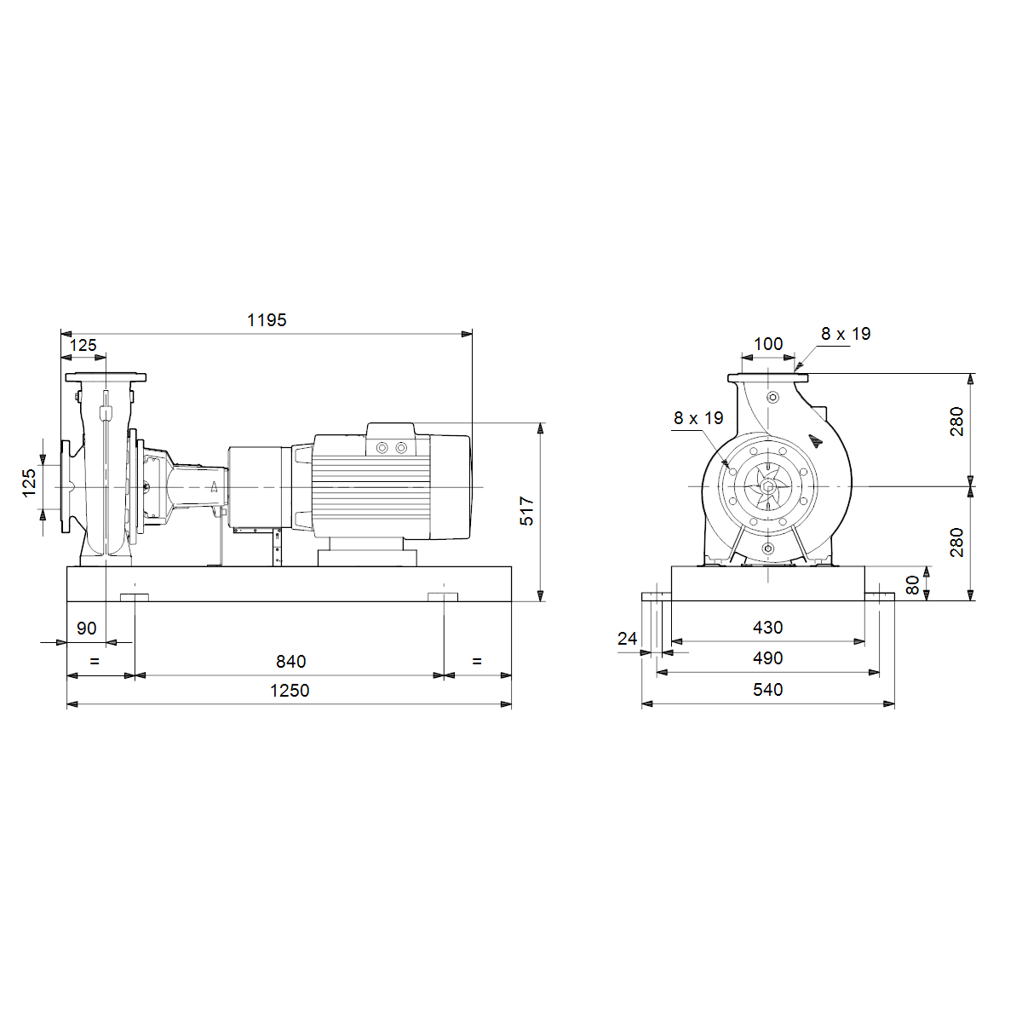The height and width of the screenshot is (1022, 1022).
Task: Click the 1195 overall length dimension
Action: pyautogui.click(x=267, y=320)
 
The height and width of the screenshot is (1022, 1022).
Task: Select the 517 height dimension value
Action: pyautogui.click(x=526, y=511)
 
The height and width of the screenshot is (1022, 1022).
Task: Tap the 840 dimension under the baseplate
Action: pyautogui.click(x=290, y=662)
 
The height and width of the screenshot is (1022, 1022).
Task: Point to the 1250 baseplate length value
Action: pyautogui.click(x=290, y=691)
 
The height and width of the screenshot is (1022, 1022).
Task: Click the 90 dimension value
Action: pyautogui.click(x=87, y=629)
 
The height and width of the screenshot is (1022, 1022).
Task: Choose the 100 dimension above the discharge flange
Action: pyautogui.click(x=768, y=344)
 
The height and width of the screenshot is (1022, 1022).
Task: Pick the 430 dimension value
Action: pyautogui.click(x=767, y=628)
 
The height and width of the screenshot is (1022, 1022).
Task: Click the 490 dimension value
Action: pyautogui.click(x=767, y=658)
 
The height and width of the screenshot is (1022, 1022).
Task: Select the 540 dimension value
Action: pyautogui.click(x=767, y=690)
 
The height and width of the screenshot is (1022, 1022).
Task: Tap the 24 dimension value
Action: pyautogui.click(x=627, y=638)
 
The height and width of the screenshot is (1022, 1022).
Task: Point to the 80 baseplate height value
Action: pyautogui.click(x=912, y=585)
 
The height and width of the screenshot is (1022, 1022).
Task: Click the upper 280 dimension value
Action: pyautogui.click(x=956, y=421)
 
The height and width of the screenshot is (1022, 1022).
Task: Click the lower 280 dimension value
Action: pyautogui.click(x=956, y=542)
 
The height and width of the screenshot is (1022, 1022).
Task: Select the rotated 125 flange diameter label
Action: pyautogui.click(x=29, y=483)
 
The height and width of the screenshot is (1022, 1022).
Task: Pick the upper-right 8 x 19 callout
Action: pyautogui.click(x=846, y=334)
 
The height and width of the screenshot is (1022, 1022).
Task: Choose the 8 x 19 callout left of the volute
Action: pyautogui.click(x=698, y=418)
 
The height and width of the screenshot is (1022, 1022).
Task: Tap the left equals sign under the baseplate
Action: pyautogui.click(x=95, y=662)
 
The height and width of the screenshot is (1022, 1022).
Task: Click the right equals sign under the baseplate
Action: pyautogui.click(x=477, y=662)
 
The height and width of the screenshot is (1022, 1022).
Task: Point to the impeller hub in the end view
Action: pyautogui.click(x=767, y=486)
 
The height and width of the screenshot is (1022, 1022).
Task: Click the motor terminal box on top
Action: pyautogui.click(x=390, y=439)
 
